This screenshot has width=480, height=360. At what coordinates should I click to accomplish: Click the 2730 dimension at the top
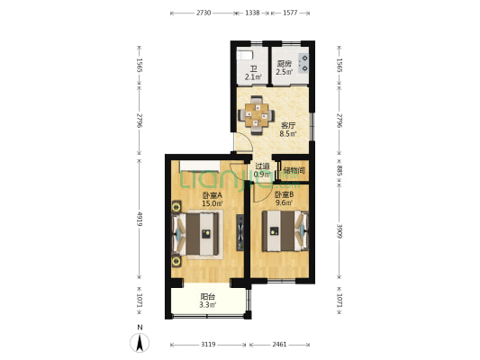(x=204, y=13)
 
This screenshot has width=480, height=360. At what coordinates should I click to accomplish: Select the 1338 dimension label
(x=252, y=13)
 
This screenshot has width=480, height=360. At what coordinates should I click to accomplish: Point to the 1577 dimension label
(x=290, y=13)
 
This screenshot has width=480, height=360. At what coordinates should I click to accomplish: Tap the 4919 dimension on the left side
(x=140, y=219)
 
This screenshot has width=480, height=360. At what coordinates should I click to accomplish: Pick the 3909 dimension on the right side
(x=340, y=231)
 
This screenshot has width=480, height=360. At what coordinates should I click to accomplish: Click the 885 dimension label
(x=340, y=171)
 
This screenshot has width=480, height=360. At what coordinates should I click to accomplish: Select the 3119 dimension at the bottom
(x=208, y=345)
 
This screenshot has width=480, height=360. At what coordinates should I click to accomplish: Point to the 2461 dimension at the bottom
(x=279, y=345)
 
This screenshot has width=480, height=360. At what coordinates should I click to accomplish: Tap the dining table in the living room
(x=257, y=115)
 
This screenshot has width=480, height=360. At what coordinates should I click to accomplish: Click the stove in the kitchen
(x=304, y=63)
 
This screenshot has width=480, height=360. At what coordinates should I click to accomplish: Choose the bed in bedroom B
(x=285, y=231)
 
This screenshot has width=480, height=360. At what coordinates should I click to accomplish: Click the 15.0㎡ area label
(x=213, y=203)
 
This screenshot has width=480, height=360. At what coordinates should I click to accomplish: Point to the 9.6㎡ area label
(x=284, y=202)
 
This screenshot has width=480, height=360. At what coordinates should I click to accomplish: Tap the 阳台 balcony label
(x=208, y=297)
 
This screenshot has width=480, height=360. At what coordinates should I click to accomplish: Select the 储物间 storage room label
(x=294, y=170)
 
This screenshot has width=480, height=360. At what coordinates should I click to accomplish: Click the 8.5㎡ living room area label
(x=288, y=134)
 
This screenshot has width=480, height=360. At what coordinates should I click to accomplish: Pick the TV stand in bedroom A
(x=240, y=232)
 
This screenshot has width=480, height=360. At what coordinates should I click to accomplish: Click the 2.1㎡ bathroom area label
(x=253, y=76)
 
